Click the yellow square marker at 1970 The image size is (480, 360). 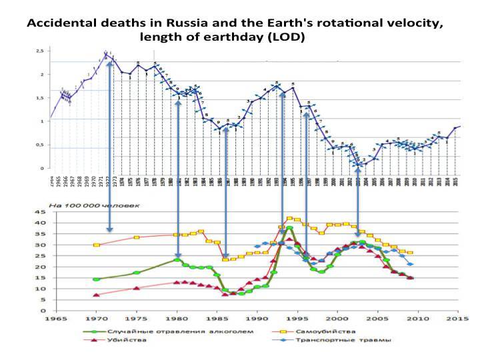pyautogui.click(x=97, y=245)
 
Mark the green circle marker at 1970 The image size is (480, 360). pyautogui.click(x=97, y=279)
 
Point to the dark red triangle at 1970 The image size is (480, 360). pyautogui.click(x=97, y=295)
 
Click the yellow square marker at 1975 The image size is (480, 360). pyautogui.click(x=137, y=237)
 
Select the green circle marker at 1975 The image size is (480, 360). pyautogui.click(x=137, y=273)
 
